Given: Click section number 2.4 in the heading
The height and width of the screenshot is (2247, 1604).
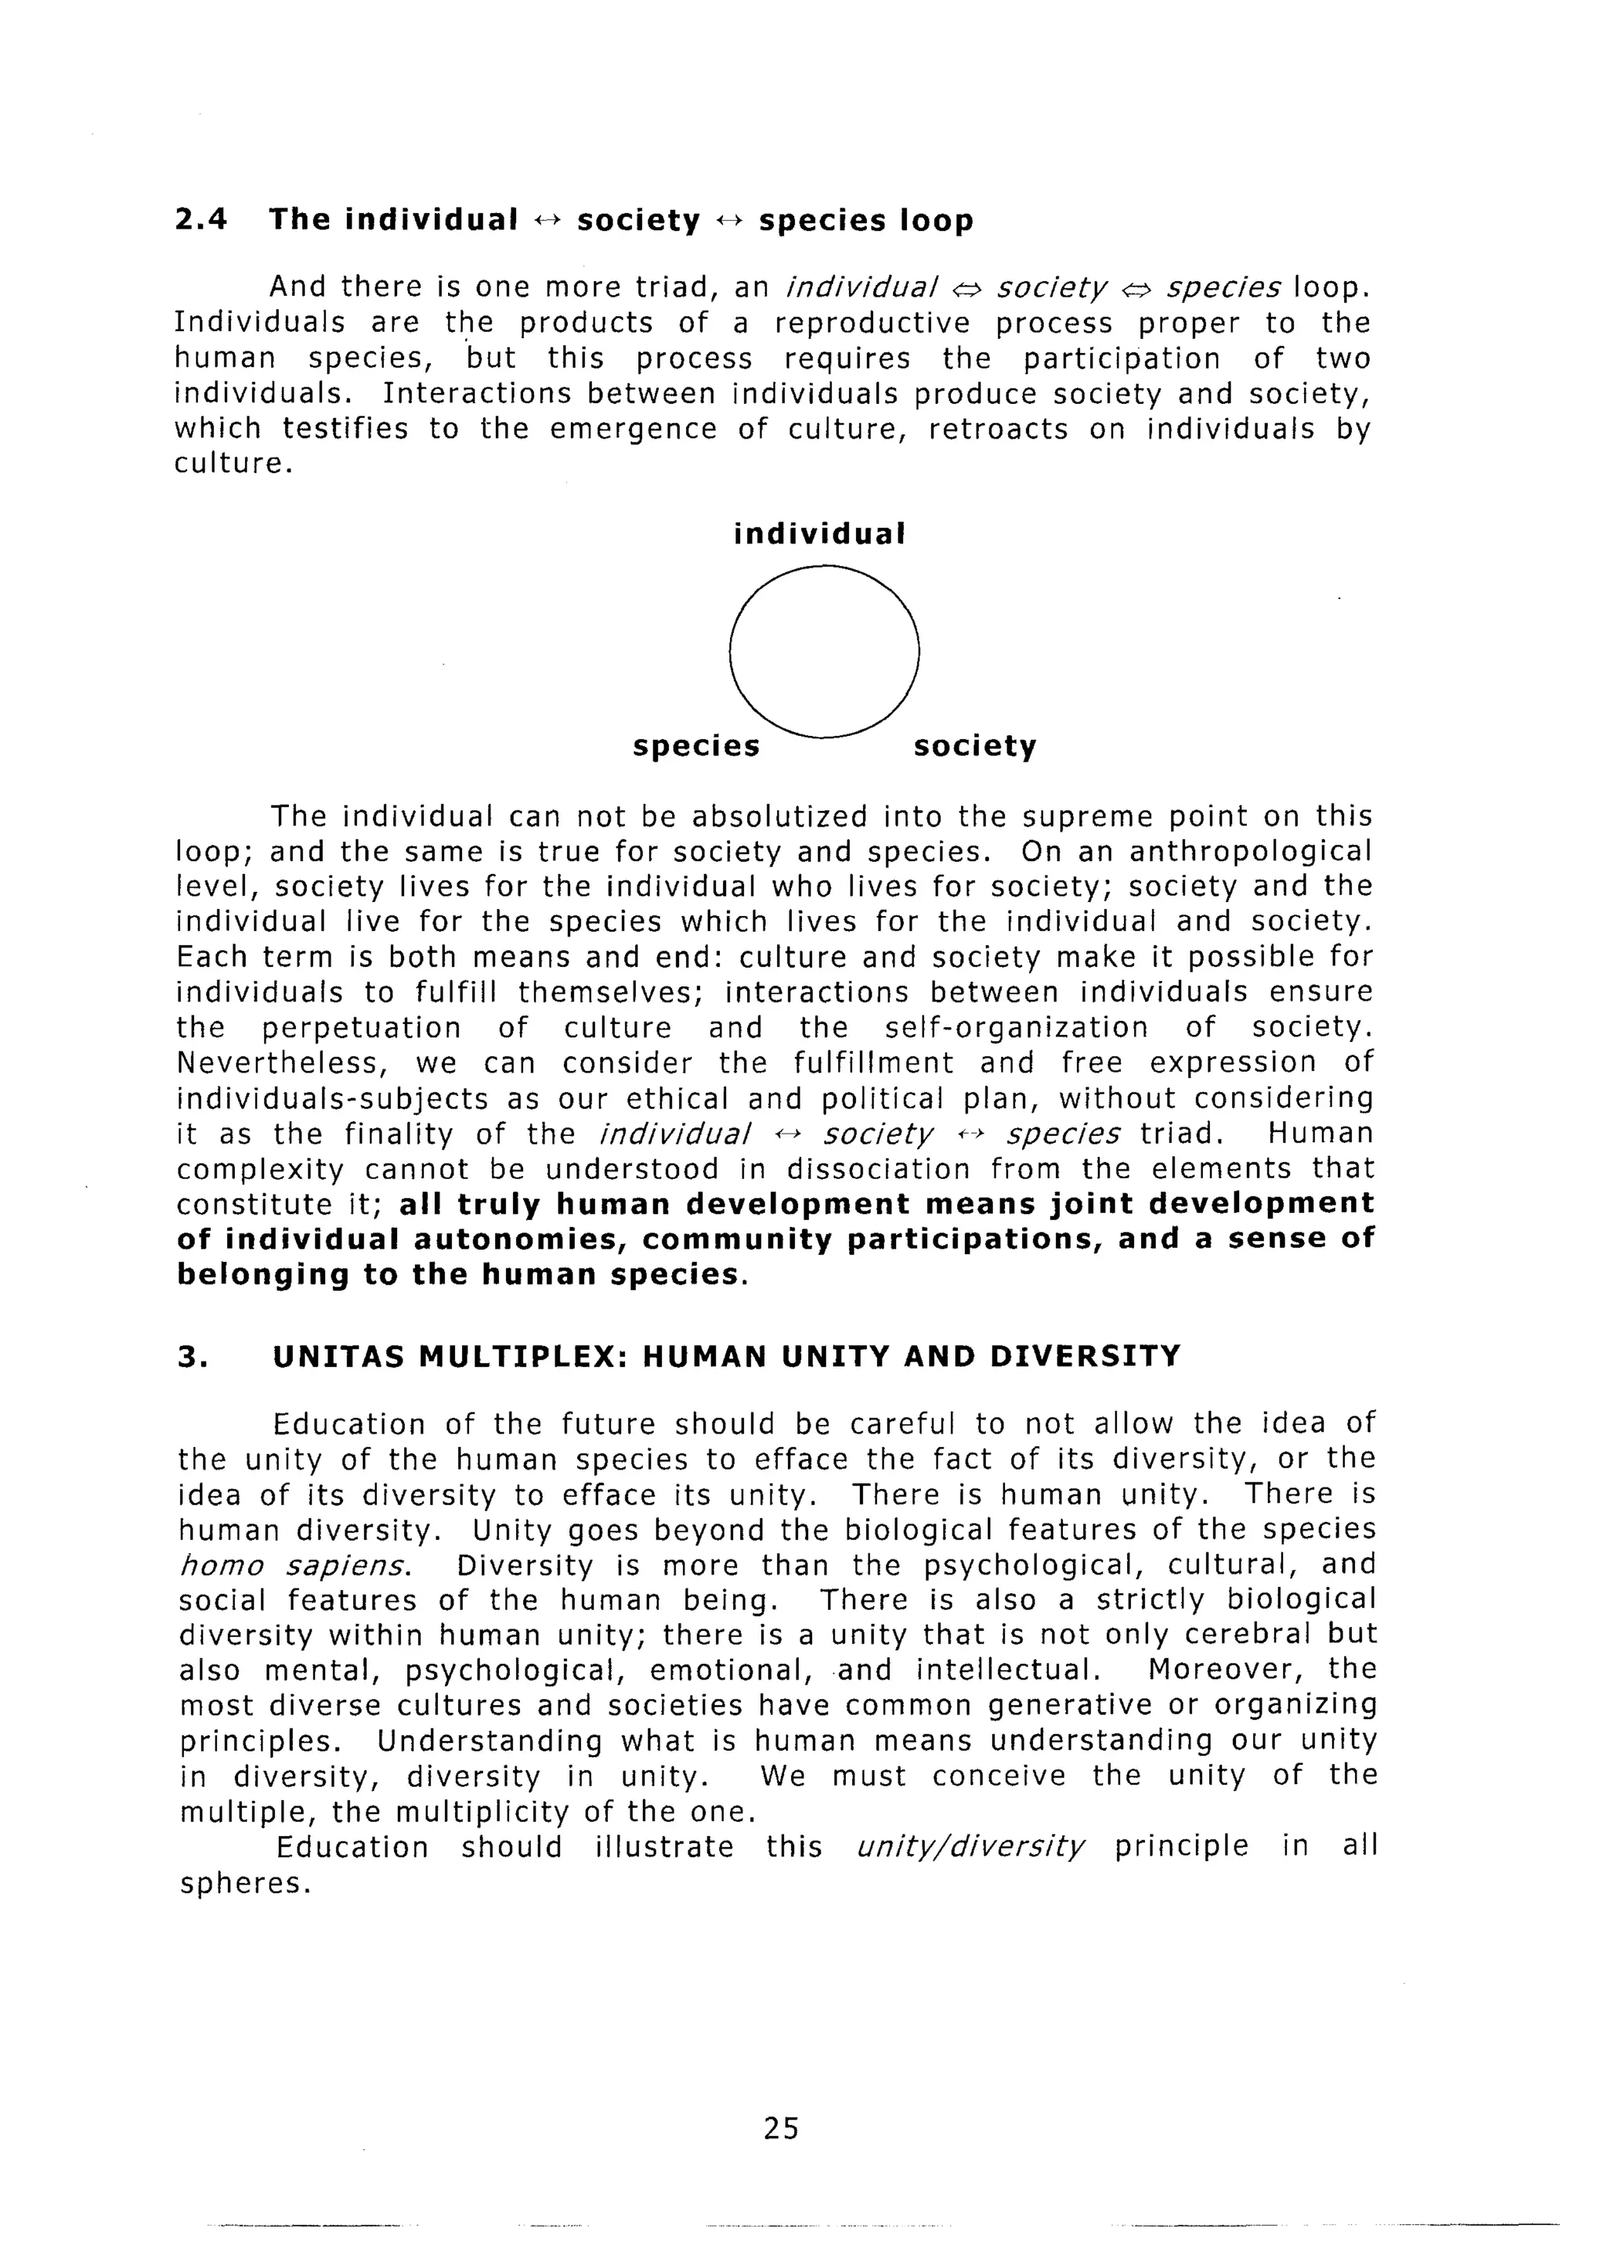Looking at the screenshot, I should coord(200,219).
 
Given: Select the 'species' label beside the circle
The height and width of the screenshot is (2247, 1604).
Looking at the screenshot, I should coord(696,746).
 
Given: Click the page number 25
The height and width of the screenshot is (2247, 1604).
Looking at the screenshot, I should coord(780,2127).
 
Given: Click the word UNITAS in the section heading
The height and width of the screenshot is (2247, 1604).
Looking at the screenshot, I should coord(340,1355).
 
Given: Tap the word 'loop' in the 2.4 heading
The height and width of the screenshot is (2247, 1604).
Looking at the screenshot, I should coord(937,219).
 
